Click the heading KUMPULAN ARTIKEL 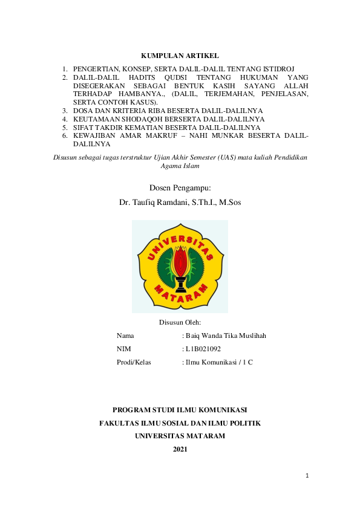180,56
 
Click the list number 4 64,120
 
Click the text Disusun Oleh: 180,322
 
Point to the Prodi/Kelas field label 133,362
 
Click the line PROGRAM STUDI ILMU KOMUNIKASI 180,410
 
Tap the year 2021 180,449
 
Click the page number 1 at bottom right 307,476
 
